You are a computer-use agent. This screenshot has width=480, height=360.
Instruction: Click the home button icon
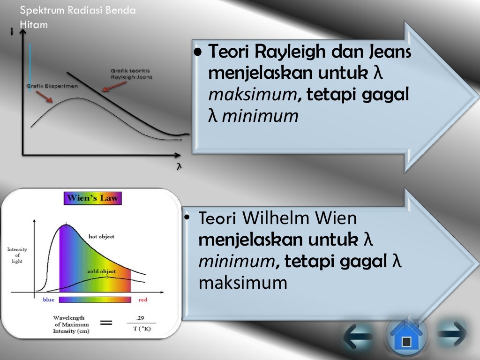click(x=406, y=337)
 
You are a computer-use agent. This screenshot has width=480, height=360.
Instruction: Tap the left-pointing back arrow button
click(x=358, y=336)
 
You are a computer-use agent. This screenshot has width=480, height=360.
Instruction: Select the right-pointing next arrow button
click(x=453, y=334)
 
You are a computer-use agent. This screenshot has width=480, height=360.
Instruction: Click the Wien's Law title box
click(x=93, y=198)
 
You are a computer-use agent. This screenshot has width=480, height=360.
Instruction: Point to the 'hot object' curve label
click(x=101, y=236)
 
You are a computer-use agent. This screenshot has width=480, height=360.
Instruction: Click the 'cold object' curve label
click(x=102, y=271)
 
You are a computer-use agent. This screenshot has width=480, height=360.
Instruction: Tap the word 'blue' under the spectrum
click(x=49, y=300)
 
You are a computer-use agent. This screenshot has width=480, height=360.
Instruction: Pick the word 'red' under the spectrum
click(x=143, y=300)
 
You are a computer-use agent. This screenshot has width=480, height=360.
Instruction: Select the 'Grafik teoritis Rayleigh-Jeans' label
click(x=131, y=74)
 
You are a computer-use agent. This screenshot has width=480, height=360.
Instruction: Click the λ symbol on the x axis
click(x=179, y=166)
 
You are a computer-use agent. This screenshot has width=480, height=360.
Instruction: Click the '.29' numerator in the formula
click(x=140, y=318)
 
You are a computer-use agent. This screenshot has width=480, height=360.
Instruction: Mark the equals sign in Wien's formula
click(x=107, y=323)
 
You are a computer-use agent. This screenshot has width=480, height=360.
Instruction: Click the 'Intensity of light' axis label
click(x=17, y=255)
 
